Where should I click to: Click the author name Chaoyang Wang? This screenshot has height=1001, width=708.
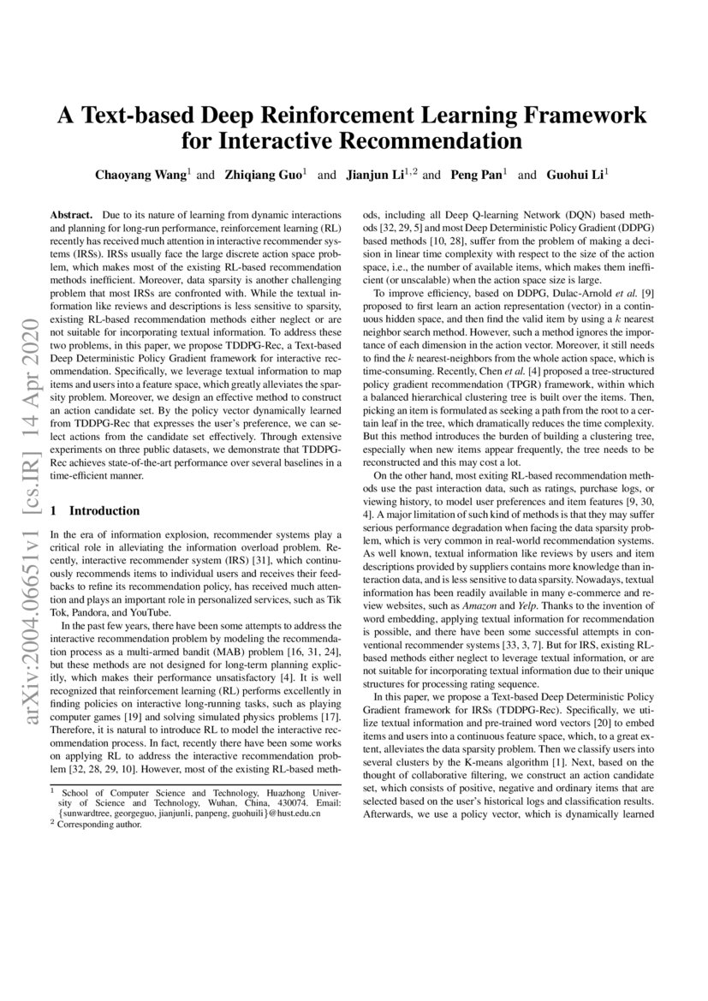coord(142,176)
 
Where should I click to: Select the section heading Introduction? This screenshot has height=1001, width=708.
coord(104,510)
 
